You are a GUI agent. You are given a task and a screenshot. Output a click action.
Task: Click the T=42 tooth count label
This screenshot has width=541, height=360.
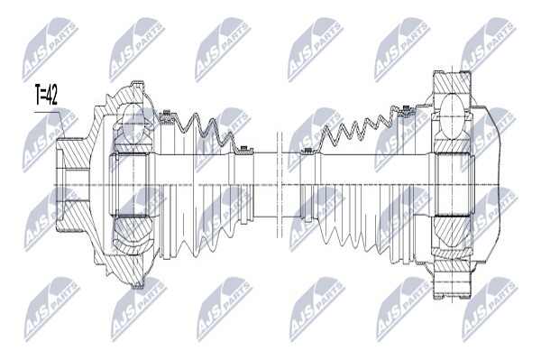click(x=46, y=94)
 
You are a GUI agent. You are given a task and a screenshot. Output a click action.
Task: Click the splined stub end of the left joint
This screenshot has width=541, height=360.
click(x=69, y=185)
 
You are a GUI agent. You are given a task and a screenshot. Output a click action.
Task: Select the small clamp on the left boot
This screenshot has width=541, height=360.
click(x=244, y=149)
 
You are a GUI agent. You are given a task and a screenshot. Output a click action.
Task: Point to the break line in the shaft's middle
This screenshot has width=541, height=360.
click(x=280, y=185)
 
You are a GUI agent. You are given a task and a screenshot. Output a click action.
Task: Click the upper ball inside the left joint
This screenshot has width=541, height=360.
click(x=133, y=124)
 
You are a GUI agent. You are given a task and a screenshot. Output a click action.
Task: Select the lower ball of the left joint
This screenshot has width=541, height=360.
click(x=133, y=235)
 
